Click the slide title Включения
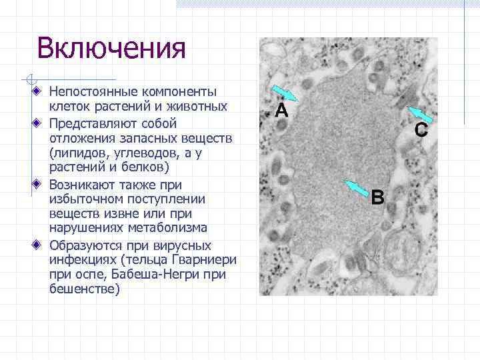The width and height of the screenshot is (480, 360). pos(111,48)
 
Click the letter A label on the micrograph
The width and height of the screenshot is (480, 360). pos(281,111)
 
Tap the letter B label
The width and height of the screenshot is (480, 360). pos(377,197)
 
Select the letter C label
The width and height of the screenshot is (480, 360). pos(421,130)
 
